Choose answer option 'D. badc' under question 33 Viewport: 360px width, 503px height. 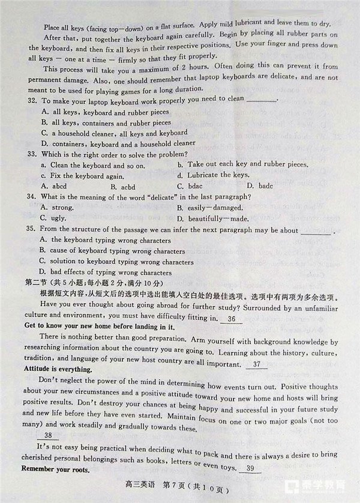tap(260, 186)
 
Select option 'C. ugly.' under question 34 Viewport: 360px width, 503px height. tap(53, 218)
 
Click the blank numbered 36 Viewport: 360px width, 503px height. tap(232, 318)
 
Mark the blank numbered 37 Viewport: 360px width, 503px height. tap(257, 365)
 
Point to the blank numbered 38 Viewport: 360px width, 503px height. tap(48, 436)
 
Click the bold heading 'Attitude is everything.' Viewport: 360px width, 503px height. tap(58, 370)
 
